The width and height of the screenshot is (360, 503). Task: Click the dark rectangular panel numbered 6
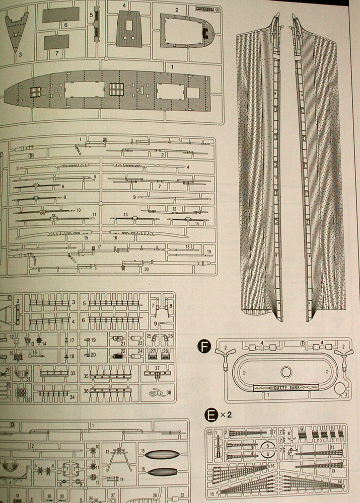tap(61, 15)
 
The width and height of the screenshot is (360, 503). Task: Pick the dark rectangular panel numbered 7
tap(56, 42)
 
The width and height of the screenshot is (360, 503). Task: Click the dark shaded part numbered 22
tap(117, 356)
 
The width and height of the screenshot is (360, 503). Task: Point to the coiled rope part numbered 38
tap(156, 392)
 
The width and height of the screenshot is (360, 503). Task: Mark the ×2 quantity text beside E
tap(225, 415)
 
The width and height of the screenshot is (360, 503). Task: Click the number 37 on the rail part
tap(157, 368)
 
